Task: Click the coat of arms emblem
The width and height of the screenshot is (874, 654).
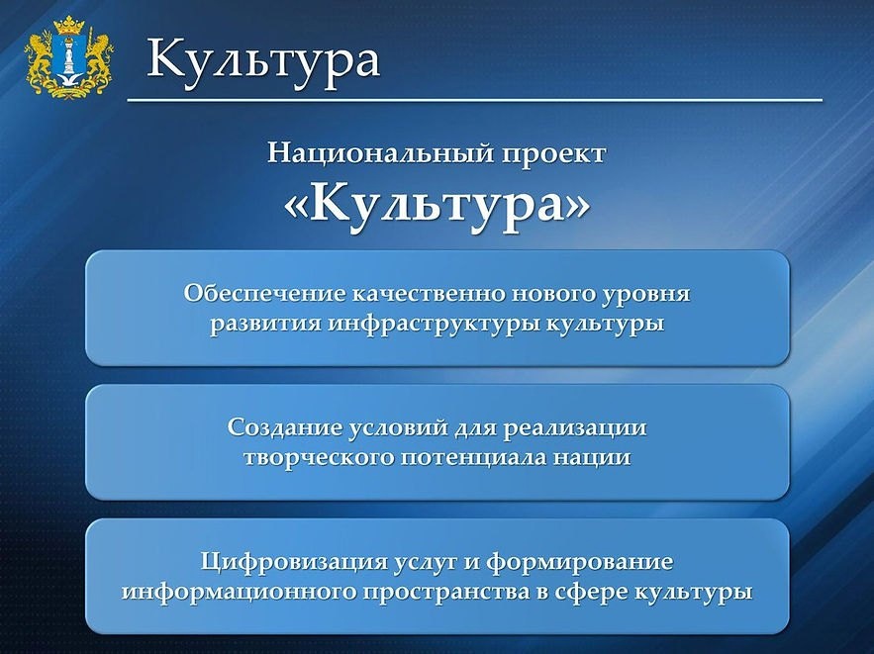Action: point(69,57)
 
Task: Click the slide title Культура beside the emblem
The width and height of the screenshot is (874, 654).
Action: point(263,59)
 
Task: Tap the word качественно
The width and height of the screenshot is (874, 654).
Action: point(429,294)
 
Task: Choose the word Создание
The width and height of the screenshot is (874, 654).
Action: point(285,427)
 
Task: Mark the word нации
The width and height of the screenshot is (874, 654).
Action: point(592,458)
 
